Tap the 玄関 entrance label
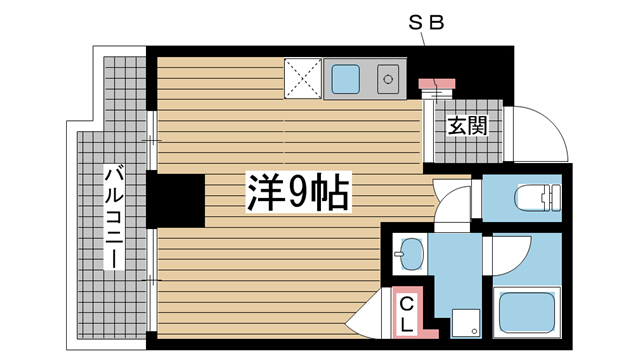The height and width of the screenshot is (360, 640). [467, 126]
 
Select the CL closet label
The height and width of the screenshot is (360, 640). [409, 314]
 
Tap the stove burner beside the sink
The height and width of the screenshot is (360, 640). [386, 76]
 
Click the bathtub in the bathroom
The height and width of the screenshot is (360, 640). [527, 311]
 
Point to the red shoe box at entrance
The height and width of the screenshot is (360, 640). [436, 82]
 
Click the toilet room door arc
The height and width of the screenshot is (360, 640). [455, 198]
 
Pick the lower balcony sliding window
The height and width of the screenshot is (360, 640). [153, 275]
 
